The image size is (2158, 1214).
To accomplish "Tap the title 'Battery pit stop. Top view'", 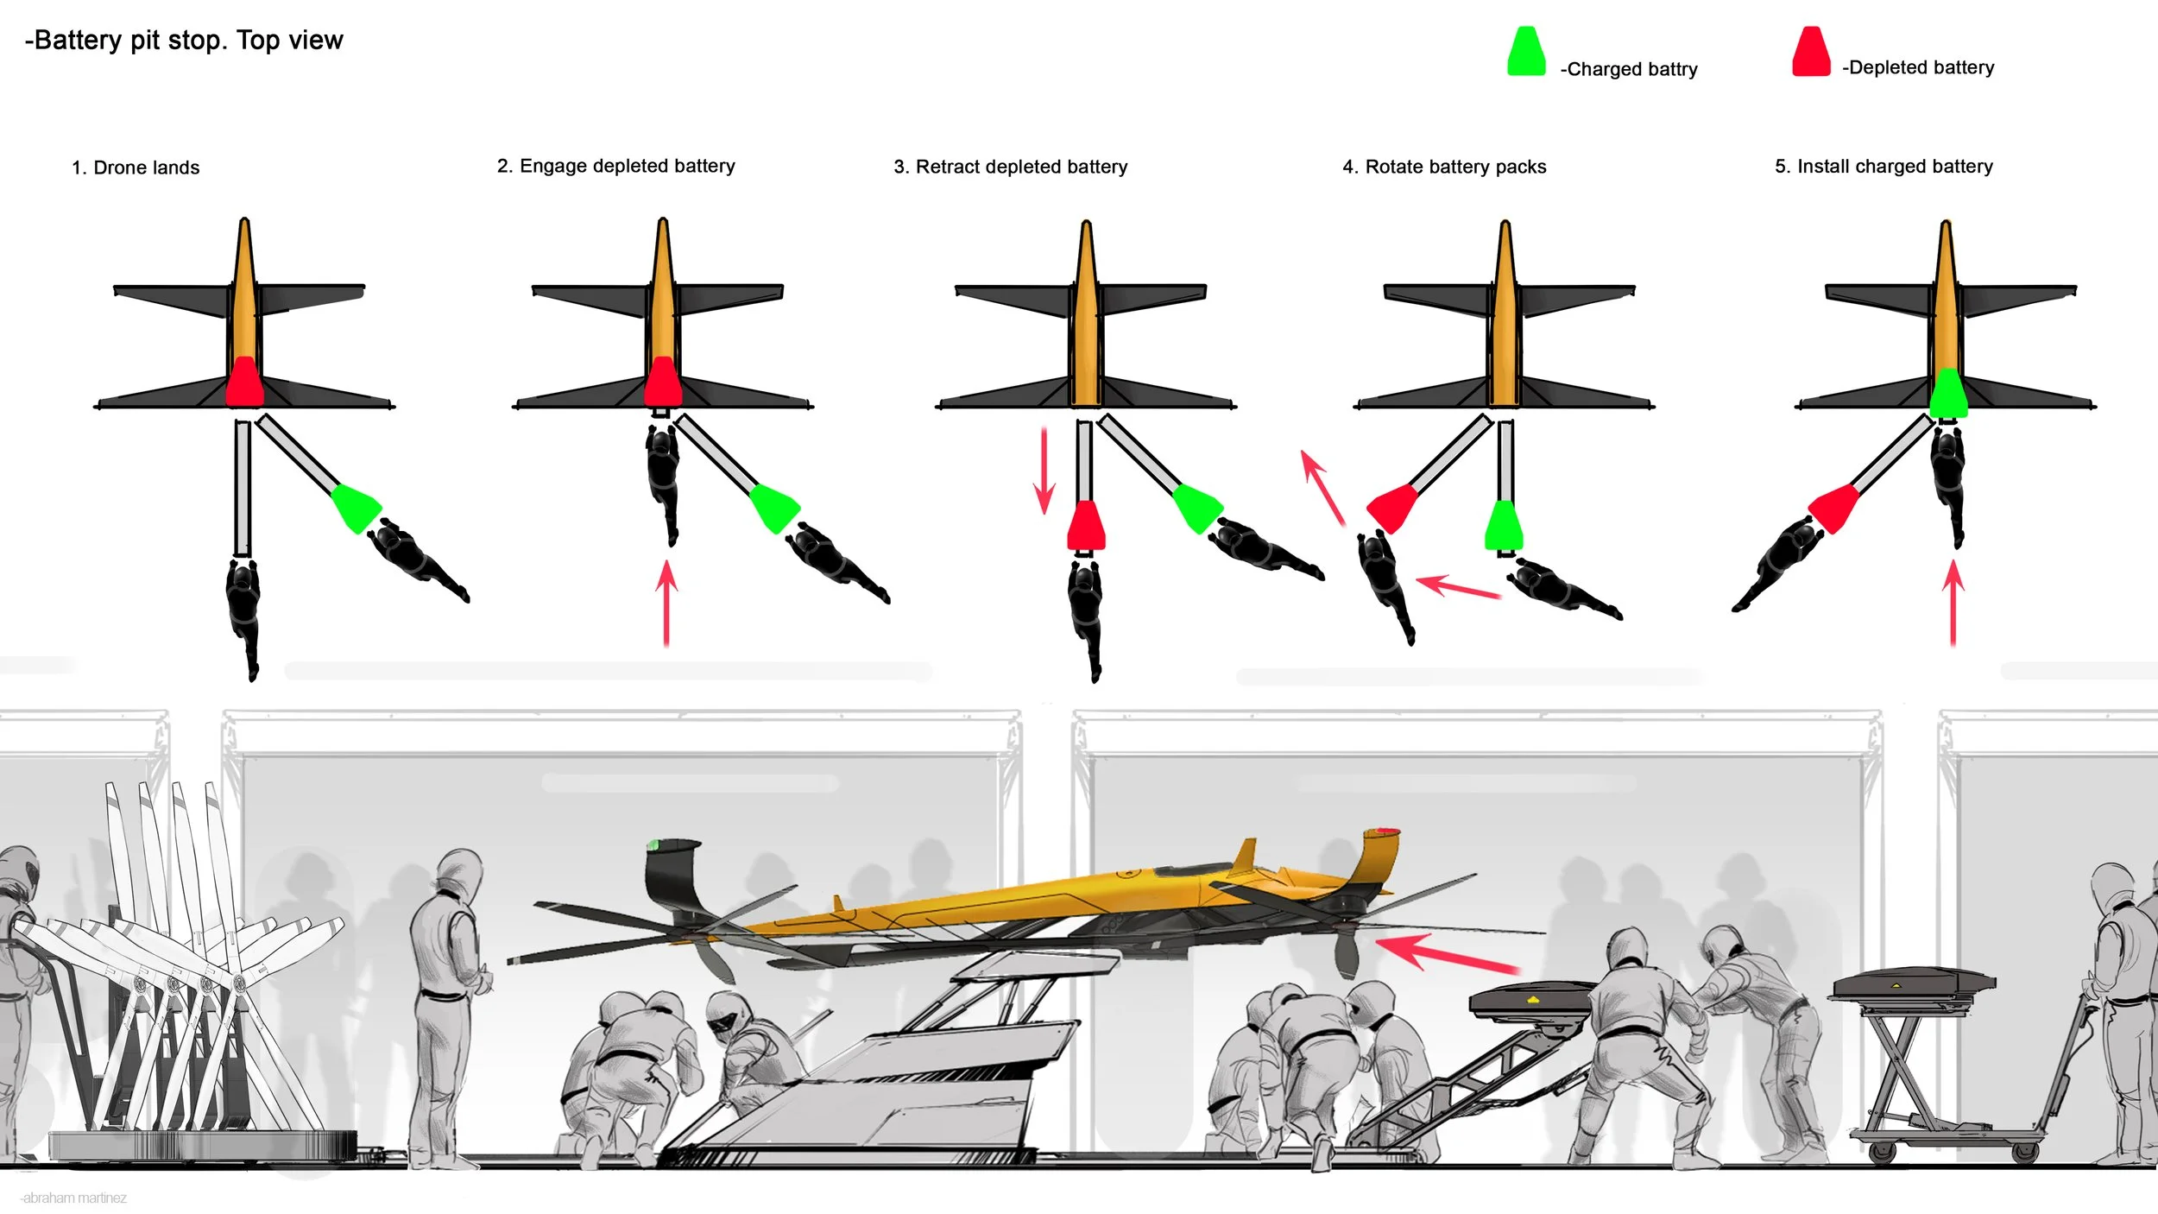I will click(x=184, y=41).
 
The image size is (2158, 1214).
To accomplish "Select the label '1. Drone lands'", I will click(x=136, y=168).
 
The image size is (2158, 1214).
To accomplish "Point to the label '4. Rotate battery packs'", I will click(x=1444, y=167).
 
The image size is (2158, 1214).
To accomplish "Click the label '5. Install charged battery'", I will click(x=1884, y=166).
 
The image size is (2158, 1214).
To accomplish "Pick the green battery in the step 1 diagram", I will click(x=356, y=508).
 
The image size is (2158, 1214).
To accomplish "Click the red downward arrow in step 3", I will click(x=1044, y=471).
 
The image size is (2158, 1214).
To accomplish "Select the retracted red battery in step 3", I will click(x=1086, y=525).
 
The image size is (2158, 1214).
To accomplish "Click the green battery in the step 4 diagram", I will click(x=1504, y=525).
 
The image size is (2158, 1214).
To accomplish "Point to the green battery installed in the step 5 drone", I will click(x=1948, y=394).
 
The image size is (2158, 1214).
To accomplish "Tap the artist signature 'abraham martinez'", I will click(x=74, y=1198).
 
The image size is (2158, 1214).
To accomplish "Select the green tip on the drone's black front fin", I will click(x=653, y=844).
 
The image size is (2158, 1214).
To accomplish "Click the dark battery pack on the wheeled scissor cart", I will click(x=1910, y=983).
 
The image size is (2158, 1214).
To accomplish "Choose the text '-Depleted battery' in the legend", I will click(x=1918, y=67).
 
